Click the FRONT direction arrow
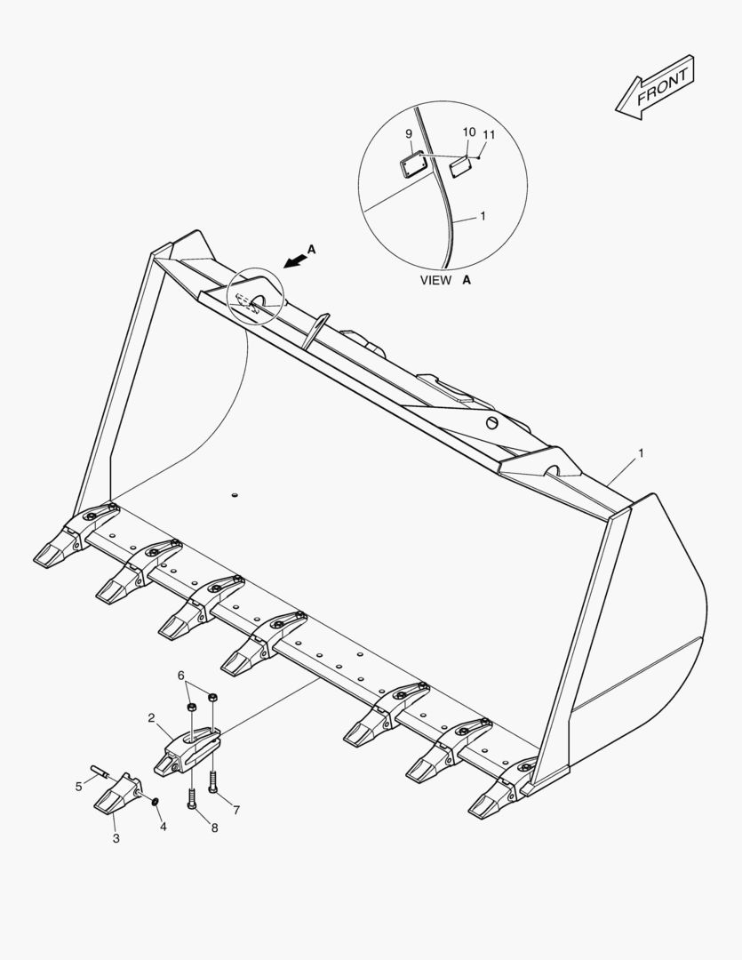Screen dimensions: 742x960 [x=654, y=87]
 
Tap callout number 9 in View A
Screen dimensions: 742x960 [x=409, y=133]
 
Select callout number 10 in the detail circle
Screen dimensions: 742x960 [x=469, y=132]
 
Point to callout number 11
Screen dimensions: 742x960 [x=489, y=134]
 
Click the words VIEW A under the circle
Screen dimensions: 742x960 [x=445, y=280]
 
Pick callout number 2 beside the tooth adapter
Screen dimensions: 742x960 [x=151, y=718]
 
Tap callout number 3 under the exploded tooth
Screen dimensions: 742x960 [x=116, y=838]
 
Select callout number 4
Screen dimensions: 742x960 [x=164, y=826]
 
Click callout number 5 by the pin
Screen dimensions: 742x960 [x=78, y=786]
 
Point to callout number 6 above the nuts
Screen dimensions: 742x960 [x=181, y=676]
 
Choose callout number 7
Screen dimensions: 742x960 [x=236, y=810]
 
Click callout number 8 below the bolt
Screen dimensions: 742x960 [x=214, y=828]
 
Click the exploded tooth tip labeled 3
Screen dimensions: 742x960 [x=117, y=794]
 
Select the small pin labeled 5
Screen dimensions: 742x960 [x=100, y=771]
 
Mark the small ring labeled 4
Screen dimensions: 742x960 [x=155, y=802]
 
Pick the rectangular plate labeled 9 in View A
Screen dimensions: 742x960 [x=412, y=164]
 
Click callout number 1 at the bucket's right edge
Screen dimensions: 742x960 [x=641, y=453]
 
